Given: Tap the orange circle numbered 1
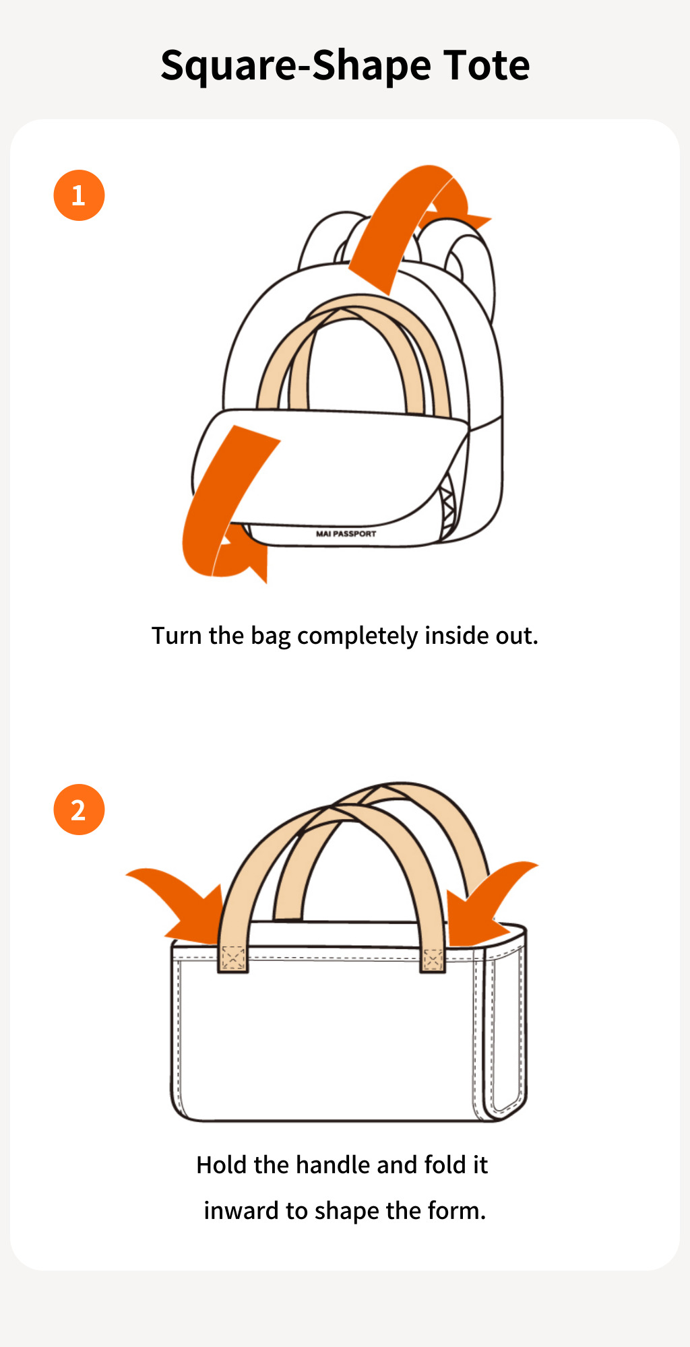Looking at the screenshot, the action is tap(79, 195).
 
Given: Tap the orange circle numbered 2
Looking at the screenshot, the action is tap(79, 810).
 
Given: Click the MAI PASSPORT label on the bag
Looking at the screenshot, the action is tap(346, 533).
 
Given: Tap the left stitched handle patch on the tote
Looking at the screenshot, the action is tap(233, 958).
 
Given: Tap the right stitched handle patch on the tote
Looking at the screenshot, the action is tap(433, 960).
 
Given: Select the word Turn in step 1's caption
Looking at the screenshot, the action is tap(176, 636).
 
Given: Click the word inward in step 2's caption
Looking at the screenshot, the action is tap(241, 1211).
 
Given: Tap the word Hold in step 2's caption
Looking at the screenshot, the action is tap(221, 1165).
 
